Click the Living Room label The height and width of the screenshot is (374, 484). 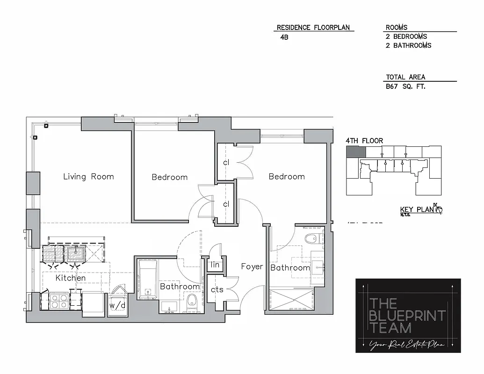click(x=88, y=177)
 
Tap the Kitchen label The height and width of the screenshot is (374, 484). click(x=71, y=278)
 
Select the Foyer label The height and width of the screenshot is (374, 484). click(x=252, y=266)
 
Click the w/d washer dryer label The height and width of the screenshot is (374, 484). click(x=117, y=306)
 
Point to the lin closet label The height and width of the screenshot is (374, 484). click(x=215, y=265)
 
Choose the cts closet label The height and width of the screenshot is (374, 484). click(x=217, y=290)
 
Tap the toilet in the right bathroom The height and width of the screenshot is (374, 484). click(x=311, y=239)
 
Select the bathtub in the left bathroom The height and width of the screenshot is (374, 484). click(x=147, y=279)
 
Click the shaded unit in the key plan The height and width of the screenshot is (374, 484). click(x=355, y=152)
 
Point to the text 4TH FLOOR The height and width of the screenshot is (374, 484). click(x=364, y=141)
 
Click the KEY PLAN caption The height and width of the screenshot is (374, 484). click(x=417, y=210)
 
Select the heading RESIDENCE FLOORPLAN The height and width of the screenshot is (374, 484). click(x=313, y=28)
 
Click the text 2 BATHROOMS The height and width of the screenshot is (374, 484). click(x=408, y=45)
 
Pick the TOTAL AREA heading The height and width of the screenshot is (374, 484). click(x=405, y=77)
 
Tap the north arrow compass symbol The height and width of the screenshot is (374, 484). click(x=438, y=209)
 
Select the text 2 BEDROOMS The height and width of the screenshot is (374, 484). click(x=406, y=36)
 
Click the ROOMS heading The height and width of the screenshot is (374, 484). click(x=397, y=28)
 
